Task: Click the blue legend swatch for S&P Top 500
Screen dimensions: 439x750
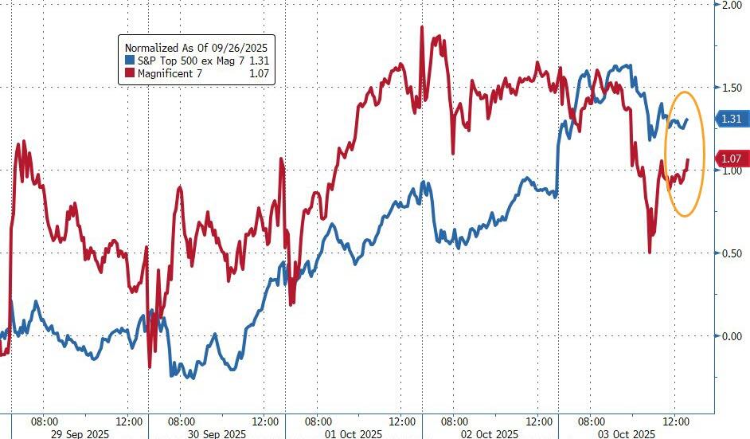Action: pyautogui.click(x=130, y=60)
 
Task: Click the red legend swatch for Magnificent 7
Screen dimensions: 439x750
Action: pyautogui.click(x=130, y=74)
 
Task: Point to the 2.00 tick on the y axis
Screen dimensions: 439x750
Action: pyautogui.click(x=731, y=5)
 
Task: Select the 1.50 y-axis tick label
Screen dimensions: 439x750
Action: pyautogui.click(x=731, y=87)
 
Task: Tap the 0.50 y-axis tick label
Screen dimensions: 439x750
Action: pyautogui.click(x=731, y=253)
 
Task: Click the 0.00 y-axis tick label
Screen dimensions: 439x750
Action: pyautogui.click(x=731, y=336)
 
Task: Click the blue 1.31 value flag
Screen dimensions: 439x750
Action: pyautogui.click(x=730, y=119)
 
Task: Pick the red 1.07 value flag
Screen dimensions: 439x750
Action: pyautogui.click(x=730, y=159)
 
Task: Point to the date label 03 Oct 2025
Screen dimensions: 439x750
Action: pyautogui.click(x=627, y=433)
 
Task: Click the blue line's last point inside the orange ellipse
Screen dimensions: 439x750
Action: pyautogui.click(x=687, y=119)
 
